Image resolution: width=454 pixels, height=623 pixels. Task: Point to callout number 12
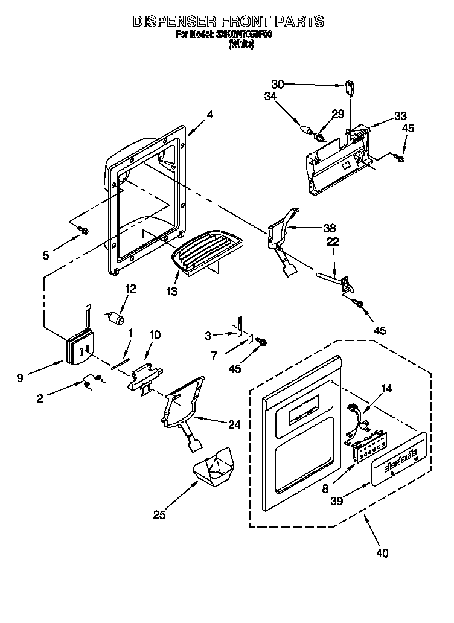[130, 289]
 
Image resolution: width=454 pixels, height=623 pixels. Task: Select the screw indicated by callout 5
[85, 231]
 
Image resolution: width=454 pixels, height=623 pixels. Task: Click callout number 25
[159, 515]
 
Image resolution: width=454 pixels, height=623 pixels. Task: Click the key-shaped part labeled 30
[350, 88]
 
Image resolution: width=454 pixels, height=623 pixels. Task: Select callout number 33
[401, 116]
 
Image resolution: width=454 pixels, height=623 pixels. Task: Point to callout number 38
[329, 228]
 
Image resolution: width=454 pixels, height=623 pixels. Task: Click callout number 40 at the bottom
[382, 552]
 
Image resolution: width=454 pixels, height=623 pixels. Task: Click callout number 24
[233, 425]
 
